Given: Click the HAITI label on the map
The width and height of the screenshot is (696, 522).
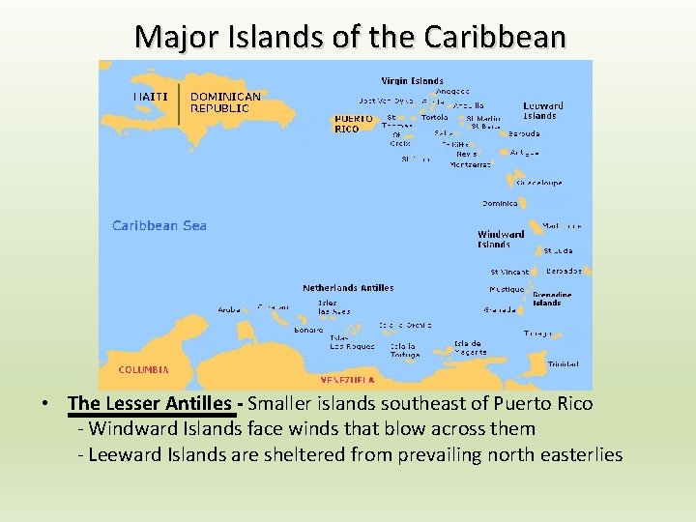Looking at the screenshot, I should click(x=150, y=96).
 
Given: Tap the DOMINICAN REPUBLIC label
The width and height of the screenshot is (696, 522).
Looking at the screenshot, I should click(x=225, y=102).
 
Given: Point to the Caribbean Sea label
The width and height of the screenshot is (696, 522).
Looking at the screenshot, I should click(x=159, y=225).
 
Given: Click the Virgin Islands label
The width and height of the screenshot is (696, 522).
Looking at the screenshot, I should click(x=412, y=80).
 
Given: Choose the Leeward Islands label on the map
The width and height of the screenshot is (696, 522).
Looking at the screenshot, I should click(x=542, y=110).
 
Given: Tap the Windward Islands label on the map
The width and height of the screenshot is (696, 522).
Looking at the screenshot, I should click(x=501, y=239).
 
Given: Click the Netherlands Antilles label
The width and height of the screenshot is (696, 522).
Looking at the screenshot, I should click(x=348, y=287).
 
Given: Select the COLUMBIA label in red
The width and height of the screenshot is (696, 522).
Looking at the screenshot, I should click(x=144, y=369).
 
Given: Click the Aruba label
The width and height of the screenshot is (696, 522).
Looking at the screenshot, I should click(x=229, y=310).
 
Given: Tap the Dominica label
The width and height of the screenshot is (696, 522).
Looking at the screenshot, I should click(x=500, y=204).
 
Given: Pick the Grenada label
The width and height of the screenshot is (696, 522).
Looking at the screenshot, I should click(x=500, y=310).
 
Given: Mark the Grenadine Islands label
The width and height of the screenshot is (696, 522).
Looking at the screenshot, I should click(x=551, y=299).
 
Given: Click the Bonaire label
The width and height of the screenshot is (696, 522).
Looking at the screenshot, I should click(x=309, y=330).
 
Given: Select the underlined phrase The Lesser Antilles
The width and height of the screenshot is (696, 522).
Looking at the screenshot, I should click(x=153, y=403).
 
